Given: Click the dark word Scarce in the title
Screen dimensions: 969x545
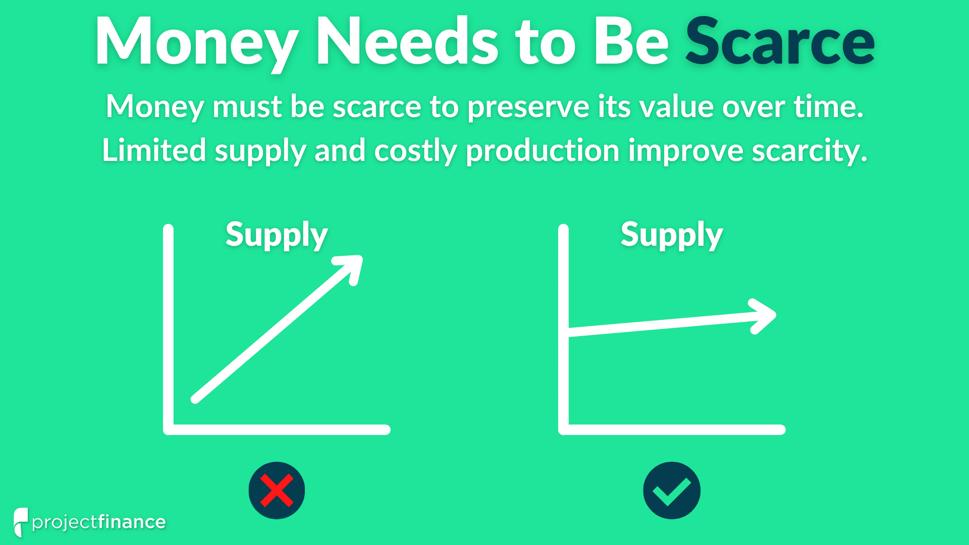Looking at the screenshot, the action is click(780, 41).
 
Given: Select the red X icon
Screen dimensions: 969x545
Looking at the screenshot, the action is click(277, 490).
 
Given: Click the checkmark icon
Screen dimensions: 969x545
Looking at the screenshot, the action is click(672, 490).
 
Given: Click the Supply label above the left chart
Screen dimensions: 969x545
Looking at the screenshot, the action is click(277, 236).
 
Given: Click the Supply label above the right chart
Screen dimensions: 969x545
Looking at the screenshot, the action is click(672, 236).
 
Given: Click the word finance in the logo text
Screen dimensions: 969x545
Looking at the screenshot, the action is click(132, 522).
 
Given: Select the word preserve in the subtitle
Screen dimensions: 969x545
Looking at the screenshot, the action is click(528, 107).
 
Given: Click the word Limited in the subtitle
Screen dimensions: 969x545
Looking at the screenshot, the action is click(154, 150).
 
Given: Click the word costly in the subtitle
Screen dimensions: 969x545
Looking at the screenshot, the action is click(415, 151).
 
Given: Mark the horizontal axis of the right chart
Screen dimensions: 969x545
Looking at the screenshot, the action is click(672, 429).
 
